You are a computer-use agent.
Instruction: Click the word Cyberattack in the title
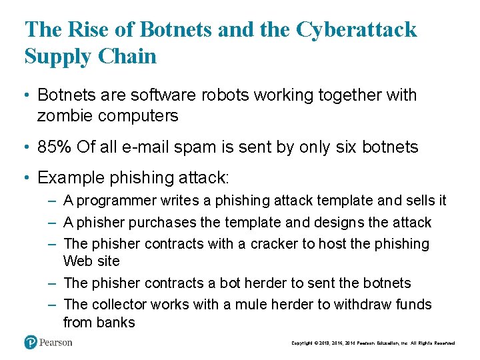click(356, 30)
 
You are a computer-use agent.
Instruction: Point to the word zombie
click(65, 116)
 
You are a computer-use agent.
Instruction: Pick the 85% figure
click(55, 147)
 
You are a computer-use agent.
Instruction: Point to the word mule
click(261, 305)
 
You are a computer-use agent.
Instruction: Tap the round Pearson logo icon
click(31, 343)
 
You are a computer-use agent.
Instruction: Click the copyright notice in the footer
click(373, 343)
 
